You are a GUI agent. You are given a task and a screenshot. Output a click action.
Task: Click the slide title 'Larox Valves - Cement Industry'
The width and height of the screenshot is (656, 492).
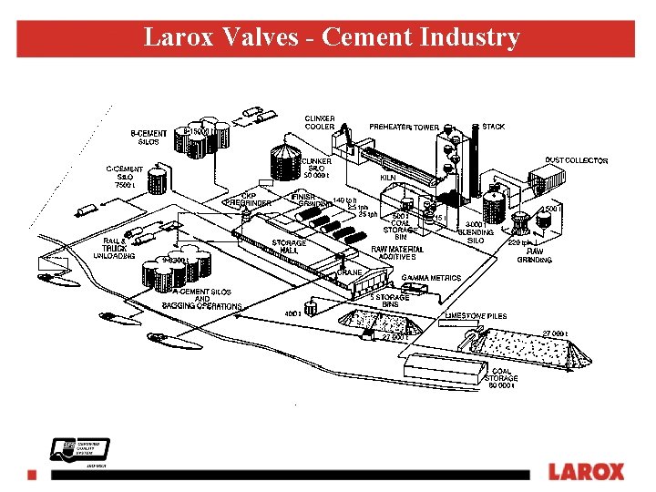point(332,37)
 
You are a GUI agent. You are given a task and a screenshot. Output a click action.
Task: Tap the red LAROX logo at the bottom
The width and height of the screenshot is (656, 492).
point(586,472)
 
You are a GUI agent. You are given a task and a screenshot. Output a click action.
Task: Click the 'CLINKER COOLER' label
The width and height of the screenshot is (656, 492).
point(319,122)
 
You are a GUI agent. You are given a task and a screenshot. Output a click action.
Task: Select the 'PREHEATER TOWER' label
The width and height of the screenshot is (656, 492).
point(404,127)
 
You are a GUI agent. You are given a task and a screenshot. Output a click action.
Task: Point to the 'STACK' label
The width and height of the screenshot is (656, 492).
point(493,127)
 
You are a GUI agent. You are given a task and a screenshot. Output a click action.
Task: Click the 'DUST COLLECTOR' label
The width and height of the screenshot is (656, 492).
point(576,160)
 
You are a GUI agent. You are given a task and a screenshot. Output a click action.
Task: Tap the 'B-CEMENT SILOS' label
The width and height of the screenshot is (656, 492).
point(149,138)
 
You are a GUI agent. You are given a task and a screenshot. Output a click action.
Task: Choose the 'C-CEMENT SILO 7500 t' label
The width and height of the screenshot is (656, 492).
point(124,177)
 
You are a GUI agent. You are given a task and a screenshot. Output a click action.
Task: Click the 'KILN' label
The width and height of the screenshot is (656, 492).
point(388,178)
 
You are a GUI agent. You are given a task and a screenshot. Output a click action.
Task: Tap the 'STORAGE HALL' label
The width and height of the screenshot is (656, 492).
point(289,247)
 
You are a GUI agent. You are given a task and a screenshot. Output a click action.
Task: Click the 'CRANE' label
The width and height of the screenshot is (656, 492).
point(350,272)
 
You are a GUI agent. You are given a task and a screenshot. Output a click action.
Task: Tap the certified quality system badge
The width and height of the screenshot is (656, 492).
point(68,450)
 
